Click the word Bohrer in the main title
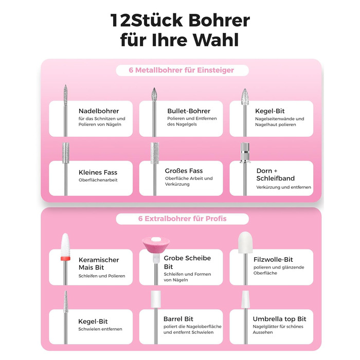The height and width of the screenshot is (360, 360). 219,20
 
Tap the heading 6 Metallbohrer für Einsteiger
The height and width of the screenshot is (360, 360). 182,70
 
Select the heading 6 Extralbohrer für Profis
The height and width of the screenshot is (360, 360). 182,219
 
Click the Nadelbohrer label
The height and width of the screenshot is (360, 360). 99,111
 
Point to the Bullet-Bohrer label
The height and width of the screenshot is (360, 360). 189,111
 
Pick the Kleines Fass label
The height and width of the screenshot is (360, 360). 98,172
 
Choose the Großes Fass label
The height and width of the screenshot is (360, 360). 184,171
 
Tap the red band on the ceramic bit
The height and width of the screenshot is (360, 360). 65,259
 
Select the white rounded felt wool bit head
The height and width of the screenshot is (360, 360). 245,242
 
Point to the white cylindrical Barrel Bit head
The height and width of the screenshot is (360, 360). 156,299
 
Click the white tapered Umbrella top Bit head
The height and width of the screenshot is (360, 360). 245,299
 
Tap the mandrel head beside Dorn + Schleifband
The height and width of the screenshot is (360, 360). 245,153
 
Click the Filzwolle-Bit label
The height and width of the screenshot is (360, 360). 273,260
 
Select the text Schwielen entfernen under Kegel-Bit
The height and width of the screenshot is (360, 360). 100,329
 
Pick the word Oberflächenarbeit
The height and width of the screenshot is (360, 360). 98,180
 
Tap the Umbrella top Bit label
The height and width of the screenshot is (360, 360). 279,319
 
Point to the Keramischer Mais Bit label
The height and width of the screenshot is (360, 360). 99,263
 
